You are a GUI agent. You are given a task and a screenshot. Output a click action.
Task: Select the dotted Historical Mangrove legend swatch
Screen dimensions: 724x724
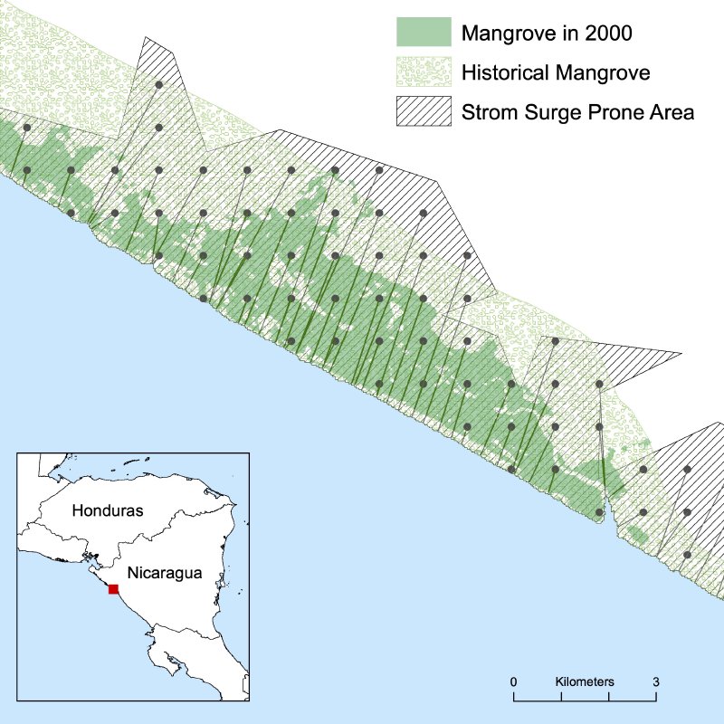423,71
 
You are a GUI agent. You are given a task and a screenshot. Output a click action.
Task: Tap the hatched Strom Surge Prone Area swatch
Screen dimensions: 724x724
423,111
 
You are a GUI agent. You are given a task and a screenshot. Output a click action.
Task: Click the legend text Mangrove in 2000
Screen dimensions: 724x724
546,33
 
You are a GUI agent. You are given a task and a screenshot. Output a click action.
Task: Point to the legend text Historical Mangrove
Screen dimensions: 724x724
556,72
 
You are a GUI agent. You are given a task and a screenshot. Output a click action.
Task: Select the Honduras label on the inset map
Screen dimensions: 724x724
108,510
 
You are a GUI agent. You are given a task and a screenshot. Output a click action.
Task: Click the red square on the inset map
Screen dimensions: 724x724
113,589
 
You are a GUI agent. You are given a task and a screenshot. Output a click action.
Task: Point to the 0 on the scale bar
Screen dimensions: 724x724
513,681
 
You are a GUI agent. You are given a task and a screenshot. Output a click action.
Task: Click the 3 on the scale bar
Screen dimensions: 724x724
656,681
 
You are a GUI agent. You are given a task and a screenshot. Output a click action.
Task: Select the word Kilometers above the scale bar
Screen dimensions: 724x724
585,681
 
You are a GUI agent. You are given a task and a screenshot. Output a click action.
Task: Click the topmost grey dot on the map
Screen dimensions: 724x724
159,84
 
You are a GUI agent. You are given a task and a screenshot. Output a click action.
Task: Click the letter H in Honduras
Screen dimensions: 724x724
78,510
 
